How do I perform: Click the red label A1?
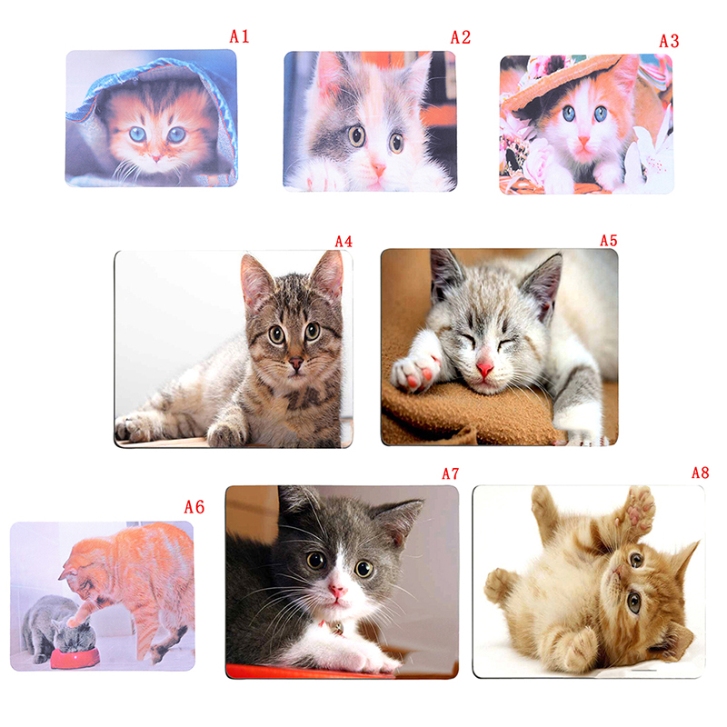tap(239, 36)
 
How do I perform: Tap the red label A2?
tap(461, 37)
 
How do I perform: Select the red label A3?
tap(669, 41)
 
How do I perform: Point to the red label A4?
tap(344, 242)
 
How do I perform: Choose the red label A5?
tap(608, 240)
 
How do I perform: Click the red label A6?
tap(194, 507)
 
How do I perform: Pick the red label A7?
tap(450, 473)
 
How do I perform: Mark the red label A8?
tap(700, 473)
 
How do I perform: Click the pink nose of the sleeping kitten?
tap(484, 370)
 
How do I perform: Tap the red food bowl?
tap(75, 658)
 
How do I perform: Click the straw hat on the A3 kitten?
tap(562, 81)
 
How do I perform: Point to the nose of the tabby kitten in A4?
tap(296, 363)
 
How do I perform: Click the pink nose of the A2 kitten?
tap(378, 169)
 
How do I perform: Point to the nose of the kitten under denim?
tap(156, 158)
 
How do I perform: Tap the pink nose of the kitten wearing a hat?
tap(583, 141)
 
